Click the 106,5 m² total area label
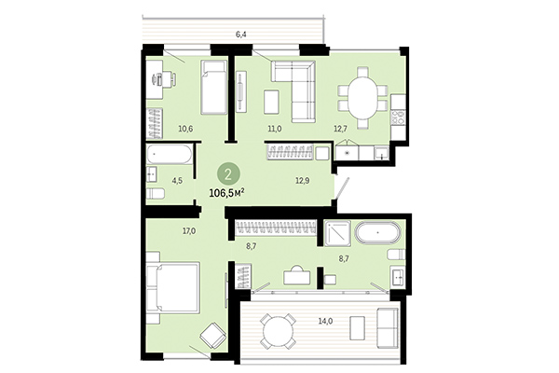point(225,192)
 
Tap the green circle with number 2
point(225,173)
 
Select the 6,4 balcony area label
point(241,35)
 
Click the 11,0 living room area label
point(275,130)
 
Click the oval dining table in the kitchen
point(359,95)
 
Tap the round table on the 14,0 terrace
point(277,329)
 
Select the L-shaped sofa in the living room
point(296,84)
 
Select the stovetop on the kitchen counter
point(398,117)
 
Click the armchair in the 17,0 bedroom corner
point(212,333)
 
